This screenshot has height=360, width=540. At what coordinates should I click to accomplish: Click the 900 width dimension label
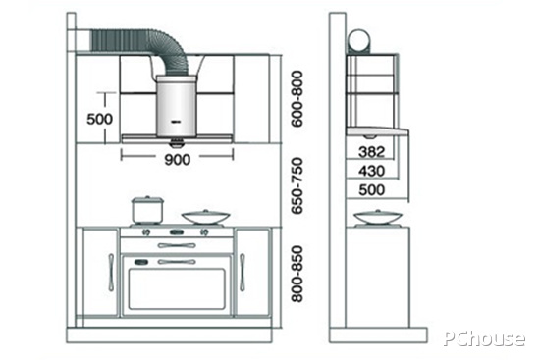tap(178, 159)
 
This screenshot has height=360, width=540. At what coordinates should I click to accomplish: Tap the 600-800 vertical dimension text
tap(297, 99)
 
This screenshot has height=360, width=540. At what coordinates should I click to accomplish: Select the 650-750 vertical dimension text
tap(297, 185)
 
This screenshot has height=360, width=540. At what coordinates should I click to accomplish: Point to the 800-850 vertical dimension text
tap(297, 274)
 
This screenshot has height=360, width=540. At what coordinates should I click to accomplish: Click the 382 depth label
tap(371, 152)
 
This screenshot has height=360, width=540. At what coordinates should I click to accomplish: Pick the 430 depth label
tap(371, 171)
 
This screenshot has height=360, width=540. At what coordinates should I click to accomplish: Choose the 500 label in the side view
tap(371, 189)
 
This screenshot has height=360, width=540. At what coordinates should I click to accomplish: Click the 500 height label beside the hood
tap(99, 119)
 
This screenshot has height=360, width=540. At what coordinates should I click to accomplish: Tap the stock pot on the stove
tap(146, 210)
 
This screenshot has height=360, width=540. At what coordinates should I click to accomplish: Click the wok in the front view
tap(205, 218)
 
